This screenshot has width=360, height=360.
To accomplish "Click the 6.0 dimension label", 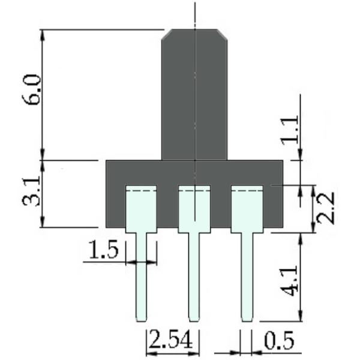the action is pos(32,89).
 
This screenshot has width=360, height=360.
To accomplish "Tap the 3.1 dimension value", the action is pos(31,191).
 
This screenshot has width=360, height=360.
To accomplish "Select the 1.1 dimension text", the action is pos(290,130).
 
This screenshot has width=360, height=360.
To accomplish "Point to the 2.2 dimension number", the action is pos(325,208).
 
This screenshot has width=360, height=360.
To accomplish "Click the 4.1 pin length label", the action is pos(290,281).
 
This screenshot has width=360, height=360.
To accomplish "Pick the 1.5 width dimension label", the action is pos(104,250).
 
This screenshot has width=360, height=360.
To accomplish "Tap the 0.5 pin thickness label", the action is pos(279,340).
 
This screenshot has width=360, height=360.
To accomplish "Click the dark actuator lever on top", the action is pos(194,95).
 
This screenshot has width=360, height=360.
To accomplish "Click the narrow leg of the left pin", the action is pos(141,277).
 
